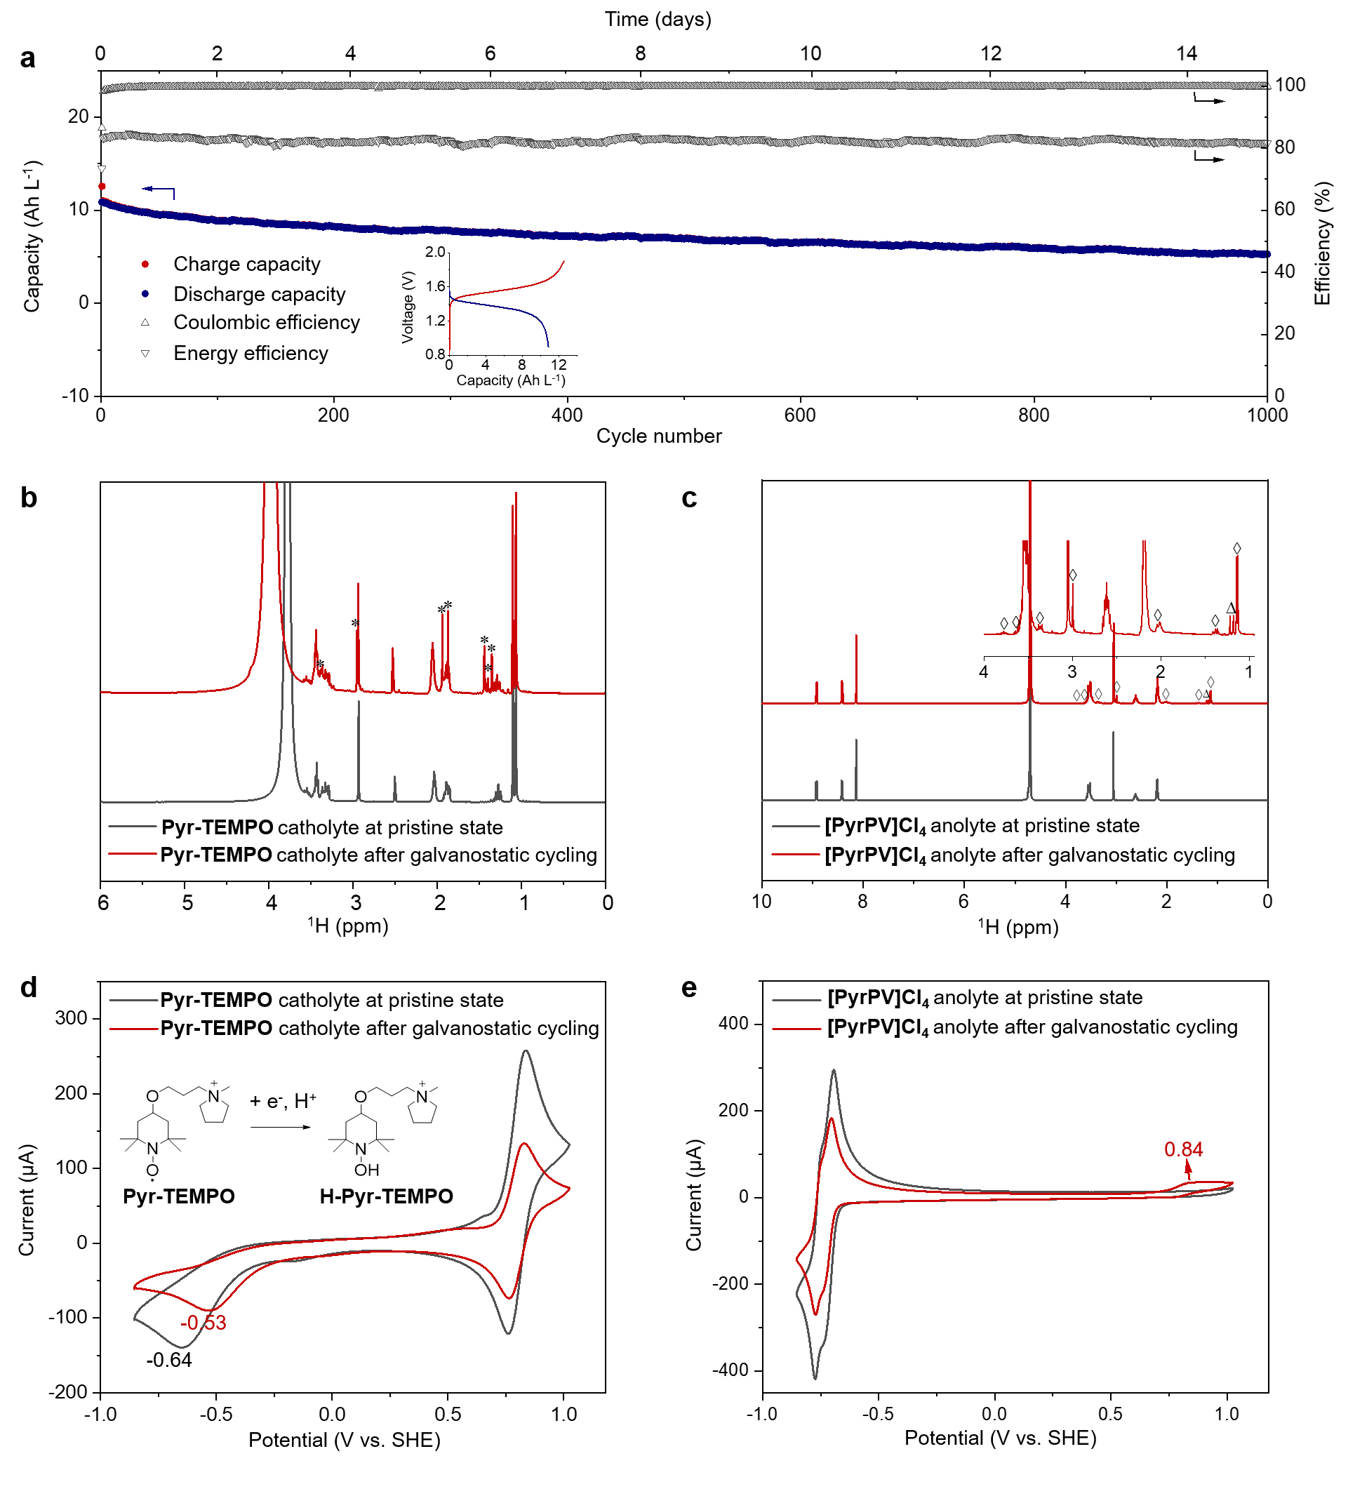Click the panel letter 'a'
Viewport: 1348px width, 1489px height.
point(27,58)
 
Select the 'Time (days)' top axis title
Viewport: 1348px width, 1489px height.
point(658,19)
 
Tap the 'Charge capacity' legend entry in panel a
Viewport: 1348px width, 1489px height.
point(246,265)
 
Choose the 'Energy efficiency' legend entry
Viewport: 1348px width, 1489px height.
point(251,354)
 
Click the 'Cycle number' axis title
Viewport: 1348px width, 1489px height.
point(658,436)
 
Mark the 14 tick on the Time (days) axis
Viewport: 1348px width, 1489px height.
point(1186,53)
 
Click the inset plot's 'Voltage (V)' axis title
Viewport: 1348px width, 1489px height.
point(408,307)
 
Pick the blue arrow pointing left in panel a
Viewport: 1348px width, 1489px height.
point(157,191)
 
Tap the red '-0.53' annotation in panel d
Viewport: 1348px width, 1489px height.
point(203,1323)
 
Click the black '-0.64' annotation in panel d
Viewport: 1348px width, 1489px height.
point(169,1360)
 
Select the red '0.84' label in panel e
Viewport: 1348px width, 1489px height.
point(1183,1149)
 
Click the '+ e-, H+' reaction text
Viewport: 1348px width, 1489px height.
point(283,1101)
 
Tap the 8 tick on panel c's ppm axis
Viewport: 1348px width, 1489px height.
point(862,901)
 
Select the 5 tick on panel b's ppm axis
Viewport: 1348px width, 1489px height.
point(187,902)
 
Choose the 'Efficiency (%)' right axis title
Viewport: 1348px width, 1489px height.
point(1322,243)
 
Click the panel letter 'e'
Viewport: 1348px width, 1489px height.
point(688,987)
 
